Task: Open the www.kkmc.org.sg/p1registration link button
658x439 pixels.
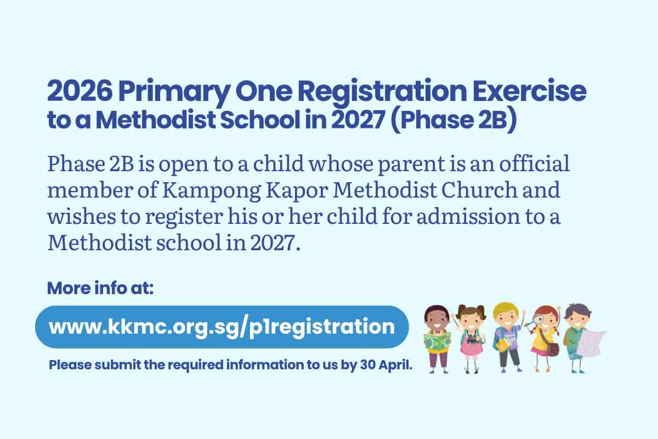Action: pyautogui.click(x=222, y=327)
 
